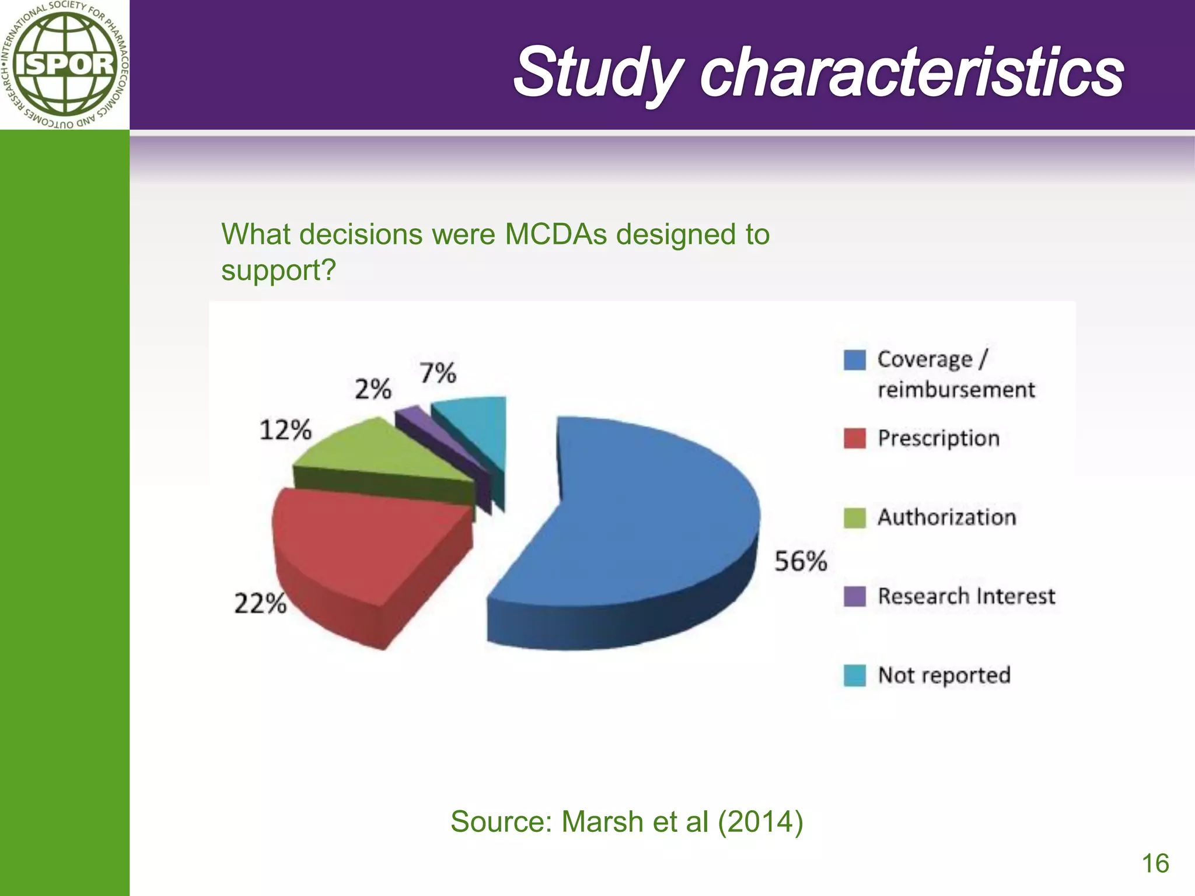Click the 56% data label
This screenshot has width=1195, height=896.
800,561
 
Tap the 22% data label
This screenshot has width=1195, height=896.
260,603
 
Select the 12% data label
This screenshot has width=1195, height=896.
285,430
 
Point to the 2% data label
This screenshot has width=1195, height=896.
373,389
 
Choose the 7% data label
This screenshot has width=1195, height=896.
438,373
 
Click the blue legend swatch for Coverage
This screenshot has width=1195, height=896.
854,360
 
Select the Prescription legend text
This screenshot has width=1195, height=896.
938,438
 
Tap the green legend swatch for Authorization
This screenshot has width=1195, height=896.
854,517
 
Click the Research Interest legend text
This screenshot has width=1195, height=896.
966,596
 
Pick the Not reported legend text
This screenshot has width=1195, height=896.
944,675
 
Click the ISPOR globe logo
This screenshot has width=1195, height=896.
64,64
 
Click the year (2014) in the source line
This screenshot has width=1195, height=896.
760,821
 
